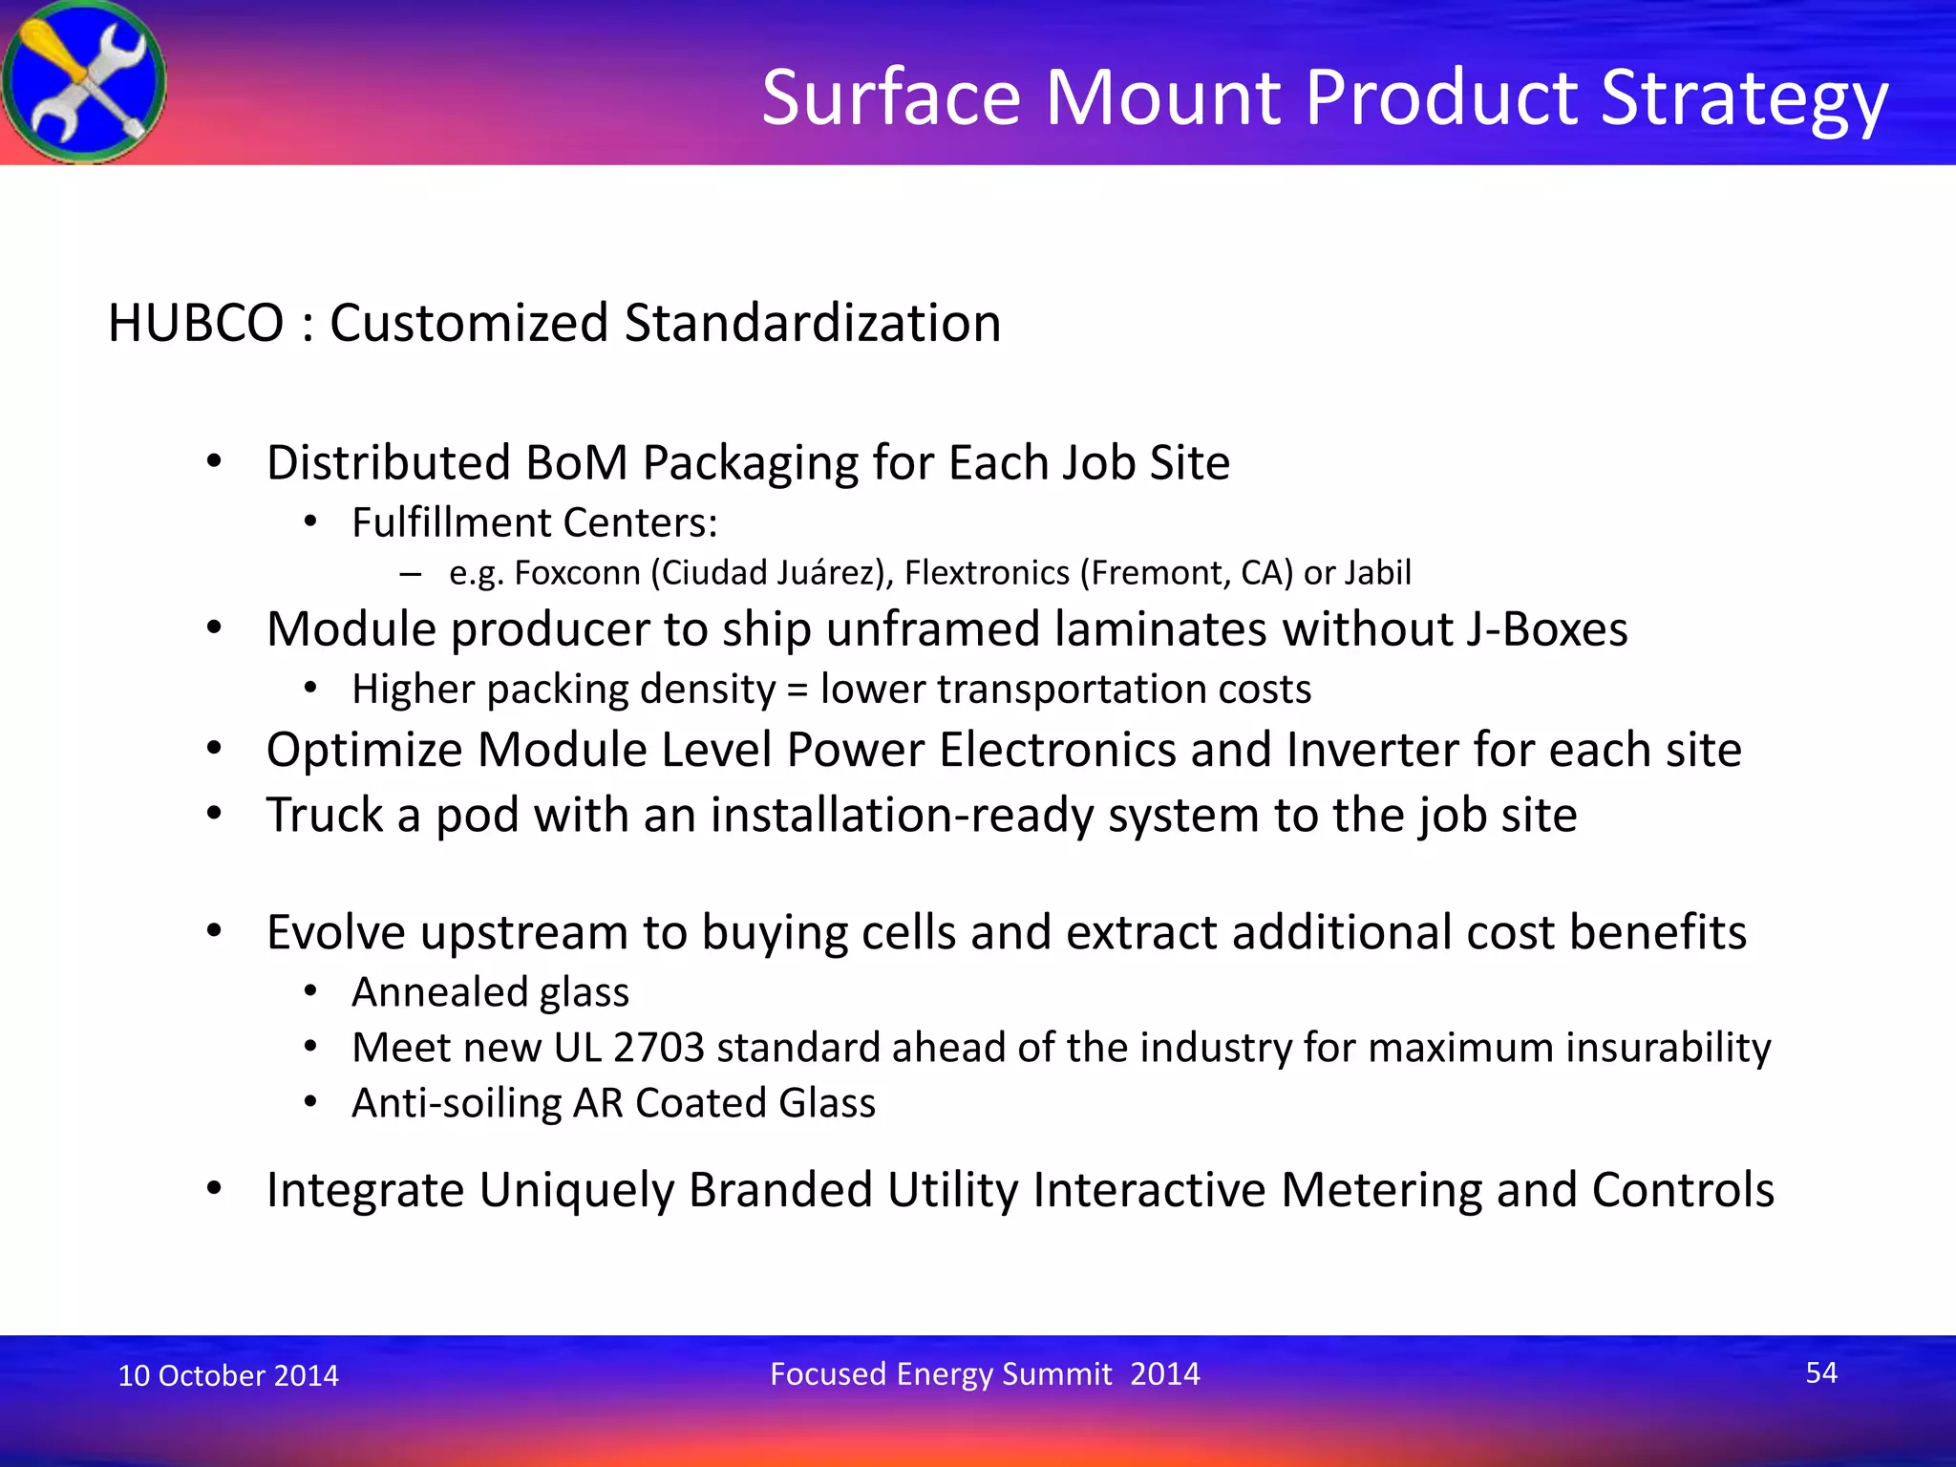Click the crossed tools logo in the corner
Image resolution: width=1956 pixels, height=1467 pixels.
(84, 82)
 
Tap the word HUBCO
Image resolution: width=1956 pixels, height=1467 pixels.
(196, 323)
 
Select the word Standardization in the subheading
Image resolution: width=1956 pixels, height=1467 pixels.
(812, 323)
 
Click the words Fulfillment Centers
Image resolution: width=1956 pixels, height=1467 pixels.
(534, 522)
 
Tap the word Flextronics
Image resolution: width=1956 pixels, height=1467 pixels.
(987, 573)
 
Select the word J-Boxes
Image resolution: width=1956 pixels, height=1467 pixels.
(1547, 629)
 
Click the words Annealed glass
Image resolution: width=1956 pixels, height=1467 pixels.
(490, 992)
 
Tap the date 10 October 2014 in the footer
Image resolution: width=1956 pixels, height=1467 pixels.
(227, 1375)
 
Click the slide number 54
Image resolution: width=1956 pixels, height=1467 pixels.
(1820, 1372)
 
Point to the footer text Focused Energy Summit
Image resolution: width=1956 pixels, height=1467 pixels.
(941, 1373)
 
